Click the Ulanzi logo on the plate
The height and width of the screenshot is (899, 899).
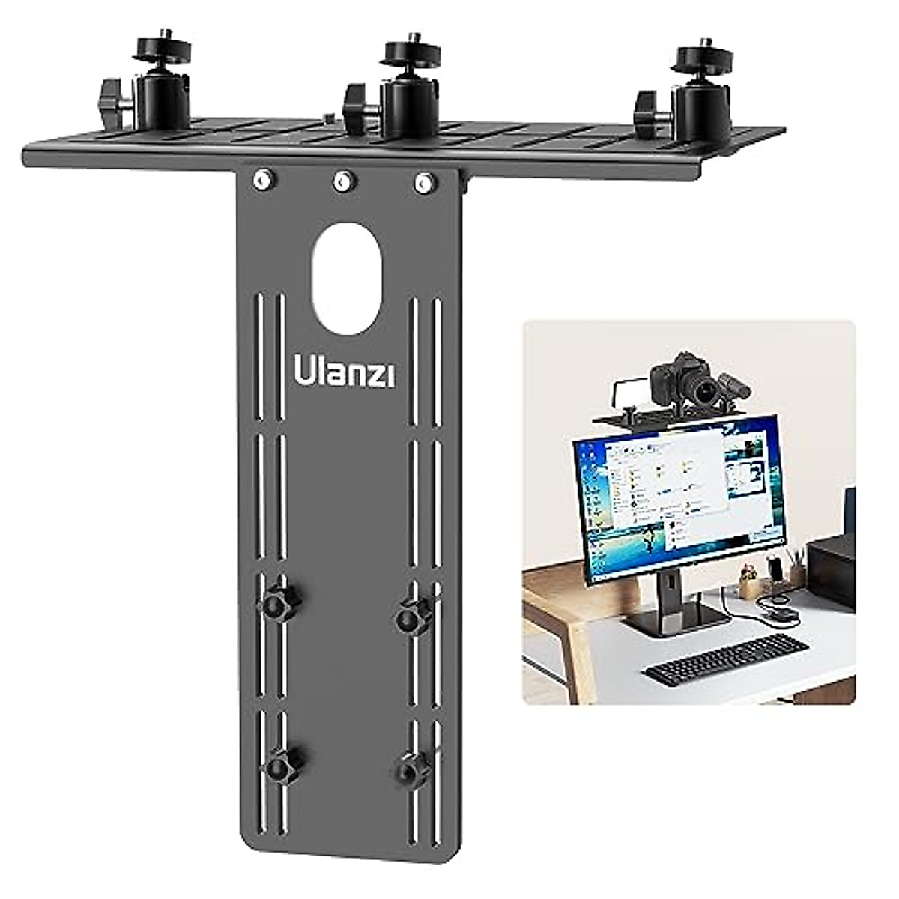pos(345,372)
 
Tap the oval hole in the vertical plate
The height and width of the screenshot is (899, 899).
pos(347,278)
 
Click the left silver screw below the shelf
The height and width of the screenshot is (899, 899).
pos(262,179)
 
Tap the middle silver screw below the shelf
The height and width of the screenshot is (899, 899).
pos(343,180)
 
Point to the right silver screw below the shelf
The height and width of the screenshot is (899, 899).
pos(424,181)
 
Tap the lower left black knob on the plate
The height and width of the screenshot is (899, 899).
pos(278,765)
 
